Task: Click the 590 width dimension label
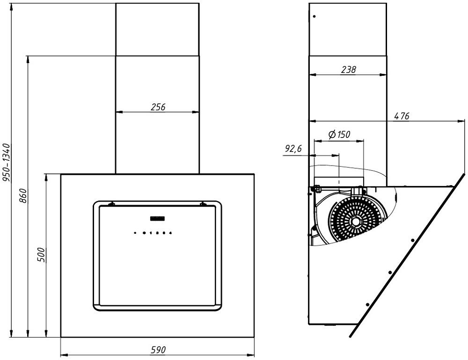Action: coord(158,350)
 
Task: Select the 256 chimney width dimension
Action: coord(158,107)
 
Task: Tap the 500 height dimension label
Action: coord(41,255)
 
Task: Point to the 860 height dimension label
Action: coord(23,195)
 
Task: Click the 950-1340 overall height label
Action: coord(7,163)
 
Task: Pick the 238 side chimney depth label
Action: coord(349,70)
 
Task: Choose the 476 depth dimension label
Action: coord(402,116)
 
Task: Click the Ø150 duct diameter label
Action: coord(339,135)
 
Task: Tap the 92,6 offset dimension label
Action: coord(293,149)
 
